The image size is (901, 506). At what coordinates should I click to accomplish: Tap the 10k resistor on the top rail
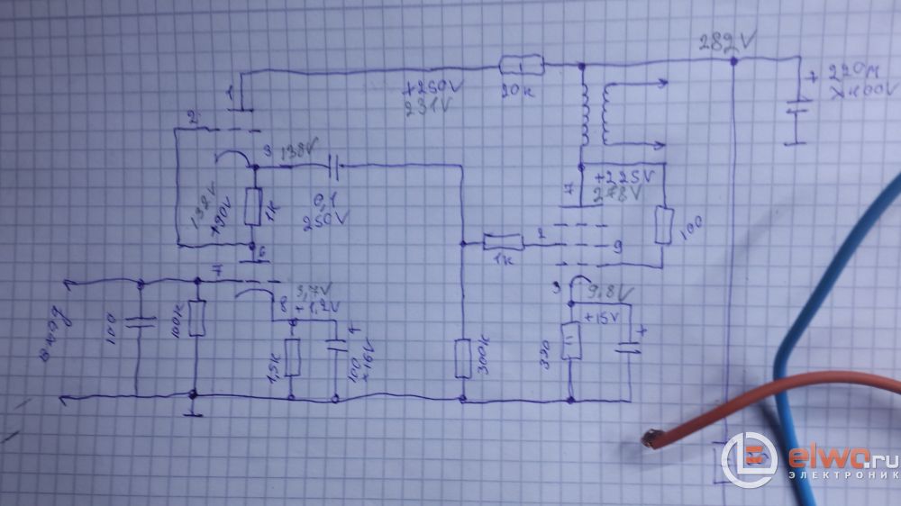(x=522, y=65)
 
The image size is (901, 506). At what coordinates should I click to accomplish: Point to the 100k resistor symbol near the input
(x=196, y=319)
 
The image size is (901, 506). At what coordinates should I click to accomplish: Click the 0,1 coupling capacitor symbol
(x=333, y=166)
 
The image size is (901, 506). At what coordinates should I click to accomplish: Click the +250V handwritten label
(x=429, y=90)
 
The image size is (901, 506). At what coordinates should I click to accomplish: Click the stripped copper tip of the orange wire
(x=649, y=438)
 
